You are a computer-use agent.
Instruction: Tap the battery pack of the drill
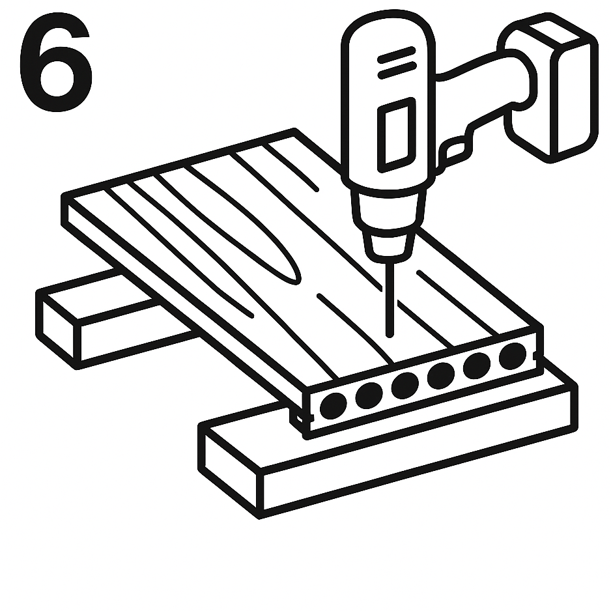[x=553, y=88]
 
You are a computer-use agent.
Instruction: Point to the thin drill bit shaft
[x=390, y=298]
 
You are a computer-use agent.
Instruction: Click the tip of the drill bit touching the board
[x=390, y=334]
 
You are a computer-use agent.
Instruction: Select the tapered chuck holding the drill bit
[x=388, y=244]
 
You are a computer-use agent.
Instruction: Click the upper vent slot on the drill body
[x=396, y=55]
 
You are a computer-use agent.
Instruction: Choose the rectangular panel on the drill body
[x=397, y=135]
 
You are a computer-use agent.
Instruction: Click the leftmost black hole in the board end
[x=333, y=406]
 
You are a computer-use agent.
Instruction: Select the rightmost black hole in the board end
[x=513, y=356]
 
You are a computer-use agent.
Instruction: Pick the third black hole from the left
[x=405, y=386]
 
